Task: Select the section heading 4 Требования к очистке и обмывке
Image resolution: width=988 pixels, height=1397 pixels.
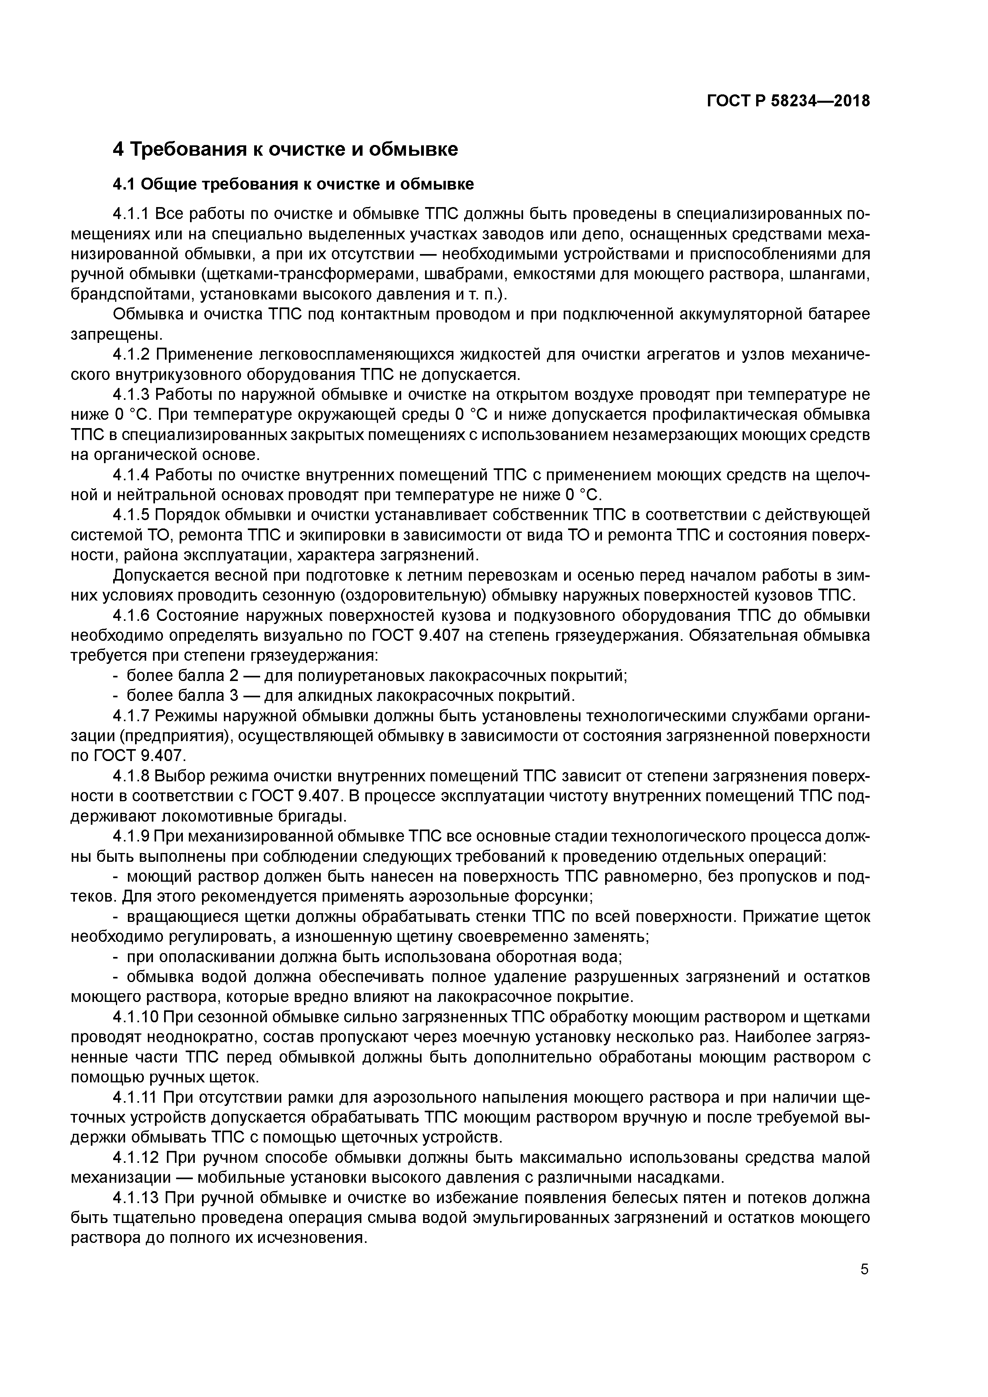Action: tap(285, 149)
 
